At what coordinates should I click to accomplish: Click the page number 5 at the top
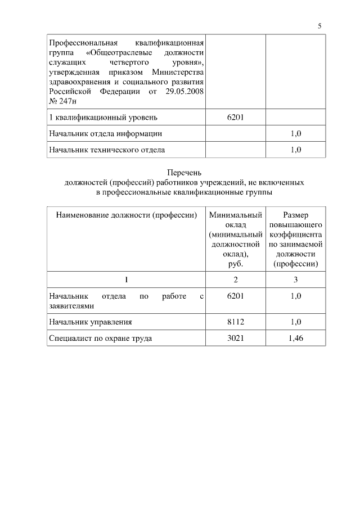tap(319, 26)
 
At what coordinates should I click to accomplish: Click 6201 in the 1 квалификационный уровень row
tap(235, 118)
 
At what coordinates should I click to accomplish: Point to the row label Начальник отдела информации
tap(106, 134)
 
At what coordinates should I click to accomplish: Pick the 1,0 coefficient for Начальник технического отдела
tap(296, 150)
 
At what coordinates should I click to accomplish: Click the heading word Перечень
tap(184, 173)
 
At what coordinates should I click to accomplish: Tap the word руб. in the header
tap(235, 264)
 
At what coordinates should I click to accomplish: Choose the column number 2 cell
tap(235, 280)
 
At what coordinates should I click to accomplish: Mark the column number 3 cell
tap(296, 280)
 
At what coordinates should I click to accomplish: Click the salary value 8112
tap(235, 322)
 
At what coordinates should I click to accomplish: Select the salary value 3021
tap(235, 339)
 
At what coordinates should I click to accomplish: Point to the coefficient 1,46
tap(296, 339)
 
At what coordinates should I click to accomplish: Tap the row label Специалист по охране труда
tap(101, 339)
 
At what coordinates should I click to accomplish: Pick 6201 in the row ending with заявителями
tap(235, 296)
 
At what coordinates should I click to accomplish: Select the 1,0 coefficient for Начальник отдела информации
tap(296, 134)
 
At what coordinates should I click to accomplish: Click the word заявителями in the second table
tap(71, 306)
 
